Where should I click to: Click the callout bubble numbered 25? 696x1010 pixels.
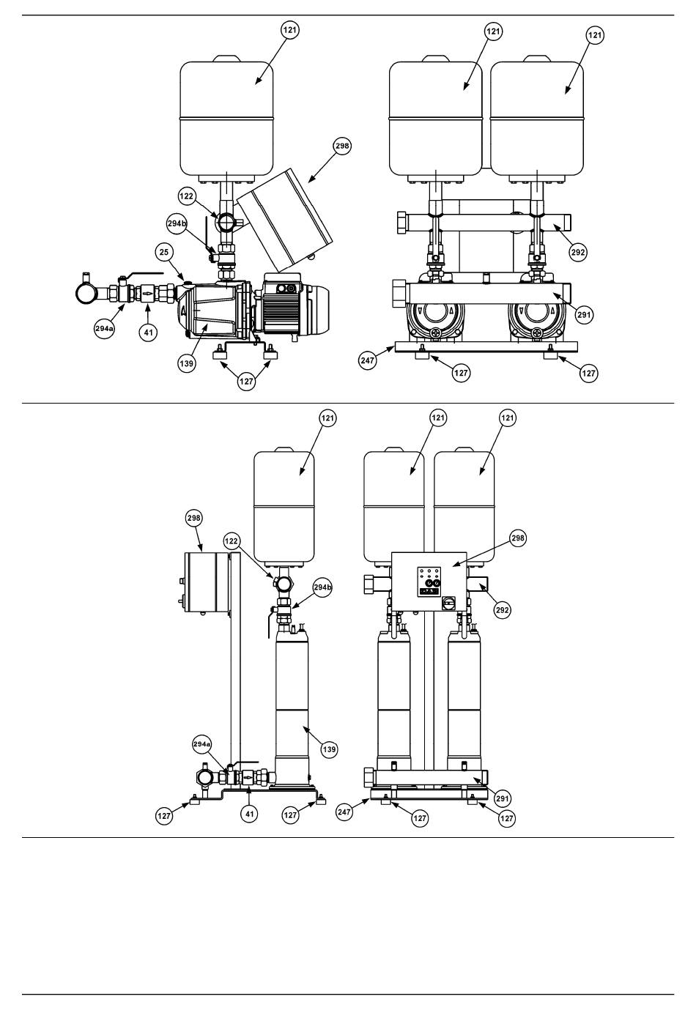click(164, 252)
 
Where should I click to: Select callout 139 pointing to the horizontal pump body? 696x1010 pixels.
click(187, 363)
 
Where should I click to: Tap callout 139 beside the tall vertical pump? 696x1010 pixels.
click(329, 749)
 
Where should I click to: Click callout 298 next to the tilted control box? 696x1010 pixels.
click(342, 146)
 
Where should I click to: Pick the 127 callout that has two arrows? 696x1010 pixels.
click(246, 382)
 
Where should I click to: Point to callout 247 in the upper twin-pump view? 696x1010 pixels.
click(368, 360)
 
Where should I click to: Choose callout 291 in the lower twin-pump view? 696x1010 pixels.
click(502, 798)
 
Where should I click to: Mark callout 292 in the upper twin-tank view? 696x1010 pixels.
click(578, 252)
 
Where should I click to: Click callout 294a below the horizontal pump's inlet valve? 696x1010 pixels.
click(104, 329)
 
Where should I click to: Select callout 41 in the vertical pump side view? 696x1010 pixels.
click(249, 814)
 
